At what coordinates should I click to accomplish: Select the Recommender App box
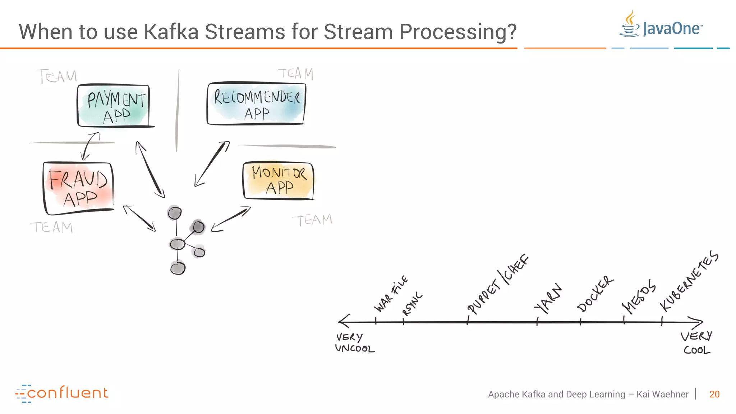tap(256, 104)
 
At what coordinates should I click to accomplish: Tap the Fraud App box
tap(78, 188)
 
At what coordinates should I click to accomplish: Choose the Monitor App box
tap(279, 181)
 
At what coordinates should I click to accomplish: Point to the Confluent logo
tap(62, 393)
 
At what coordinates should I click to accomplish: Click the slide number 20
tap(714, 394)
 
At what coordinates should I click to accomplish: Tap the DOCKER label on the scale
tap(595, 294)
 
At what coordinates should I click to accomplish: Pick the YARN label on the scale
tap(547, 298)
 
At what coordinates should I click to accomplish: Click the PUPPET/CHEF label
tap(497, 285)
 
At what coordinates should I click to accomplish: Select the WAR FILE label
tap(391, 294)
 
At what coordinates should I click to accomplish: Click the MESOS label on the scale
tap(639, 296)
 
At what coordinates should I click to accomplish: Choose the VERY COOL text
tap(696, 342)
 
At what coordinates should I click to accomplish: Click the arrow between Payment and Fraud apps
tap(90, 146)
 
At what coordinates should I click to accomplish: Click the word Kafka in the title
tap(171, 32)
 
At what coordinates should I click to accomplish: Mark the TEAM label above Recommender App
tap(295, 74)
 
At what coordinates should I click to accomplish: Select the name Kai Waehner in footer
tap(662, 394)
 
